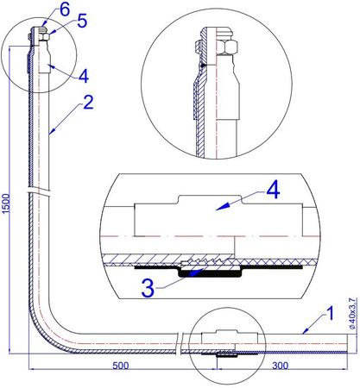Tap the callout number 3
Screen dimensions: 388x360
(x=148, y=288)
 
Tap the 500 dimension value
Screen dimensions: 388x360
(x=120, y=366)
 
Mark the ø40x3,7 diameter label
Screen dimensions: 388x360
(x=351, y=311)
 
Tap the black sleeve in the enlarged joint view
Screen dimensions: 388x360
(x=206, y=270)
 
